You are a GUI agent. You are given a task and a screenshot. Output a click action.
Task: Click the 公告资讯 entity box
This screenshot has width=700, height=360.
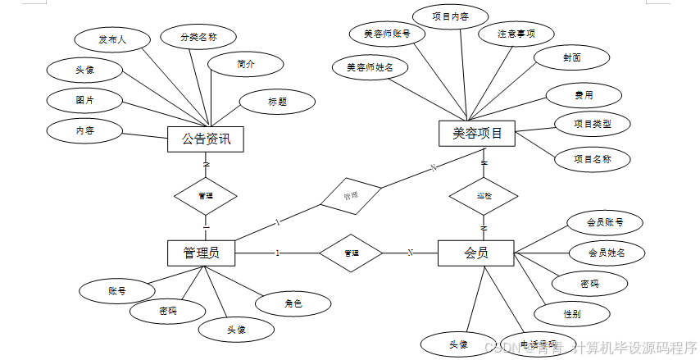coord(206,139)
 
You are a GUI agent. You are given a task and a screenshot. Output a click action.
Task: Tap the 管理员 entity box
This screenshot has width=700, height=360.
coord(201,253)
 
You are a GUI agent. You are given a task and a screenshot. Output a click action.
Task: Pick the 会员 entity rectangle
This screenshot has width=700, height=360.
coord(476,253)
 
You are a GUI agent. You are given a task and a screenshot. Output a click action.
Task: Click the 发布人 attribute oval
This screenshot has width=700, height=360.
coord(112,39)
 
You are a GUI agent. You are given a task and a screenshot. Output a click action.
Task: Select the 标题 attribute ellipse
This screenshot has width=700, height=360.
coord(277,102)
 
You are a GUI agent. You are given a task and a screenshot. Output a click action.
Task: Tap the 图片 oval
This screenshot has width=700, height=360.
coord(84,100)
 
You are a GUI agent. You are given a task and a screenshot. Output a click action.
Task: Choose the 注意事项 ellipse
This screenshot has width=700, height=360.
coord(516,34)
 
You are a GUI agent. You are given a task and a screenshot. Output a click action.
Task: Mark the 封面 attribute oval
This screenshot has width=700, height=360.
coord(572,57)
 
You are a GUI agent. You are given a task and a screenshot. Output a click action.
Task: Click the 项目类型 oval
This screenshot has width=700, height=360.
coord(591,124)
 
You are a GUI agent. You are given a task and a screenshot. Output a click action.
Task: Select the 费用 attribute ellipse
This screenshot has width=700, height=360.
coord(583,95)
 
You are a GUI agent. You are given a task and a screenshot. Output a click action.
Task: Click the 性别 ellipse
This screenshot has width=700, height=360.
coord(572,313)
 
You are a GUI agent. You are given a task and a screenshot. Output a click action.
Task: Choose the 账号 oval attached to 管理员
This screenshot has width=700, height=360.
coord(116,290)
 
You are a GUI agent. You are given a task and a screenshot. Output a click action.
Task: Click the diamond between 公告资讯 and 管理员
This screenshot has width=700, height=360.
coord(206,196)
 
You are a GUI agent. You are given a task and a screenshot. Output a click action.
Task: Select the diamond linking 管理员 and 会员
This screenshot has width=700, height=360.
coord(351,253)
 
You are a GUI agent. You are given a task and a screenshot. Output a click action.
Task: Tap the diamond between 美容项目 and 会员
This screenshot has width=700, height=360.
coord(484,196)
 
